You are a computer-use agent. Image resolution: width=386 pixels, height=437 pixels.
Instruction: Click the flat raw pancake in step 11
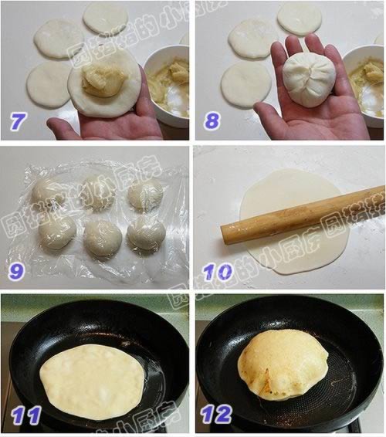(93, 381)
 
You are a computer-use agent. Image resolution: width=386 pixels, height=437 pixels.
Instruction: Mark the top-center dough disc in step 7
(105, 17)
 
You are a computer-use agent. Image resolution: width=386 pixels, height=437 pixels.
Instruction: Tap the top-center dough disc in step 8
(300, 17)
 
